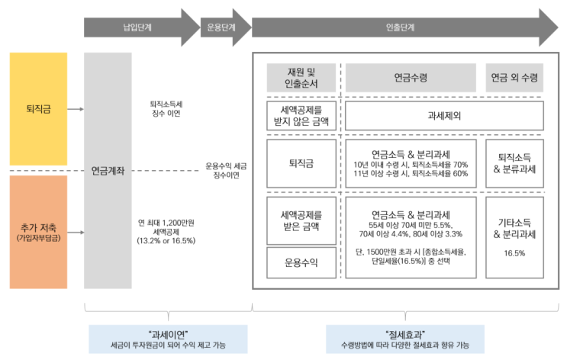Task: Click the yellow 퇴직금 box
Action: pyautogui.click(x=38, y=109)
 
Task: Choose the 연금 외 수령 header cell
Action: pyautogui.click(x=514, y=77)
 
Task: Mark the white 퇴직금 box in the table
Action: pyautogui.click(x=301, y=162)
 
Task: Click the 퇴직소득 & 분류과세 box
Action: pyautogui.click(x=514, y=162)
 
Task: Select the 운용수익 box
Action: pyautogui.click(x=301, y=263)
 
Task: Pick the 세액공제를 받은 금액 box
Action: pyautogui.click(x=301, y=219)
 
